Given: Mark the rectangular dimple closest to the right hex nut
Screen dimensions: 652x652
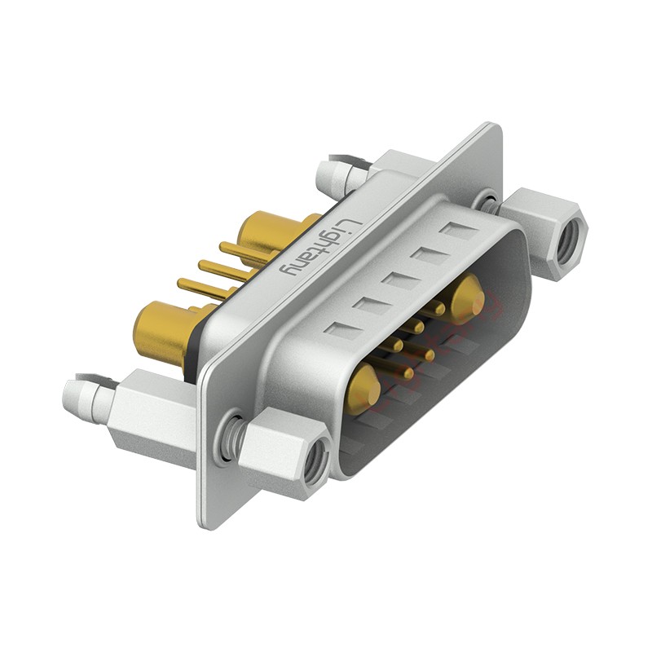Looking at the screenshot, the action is coord(454,229).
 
